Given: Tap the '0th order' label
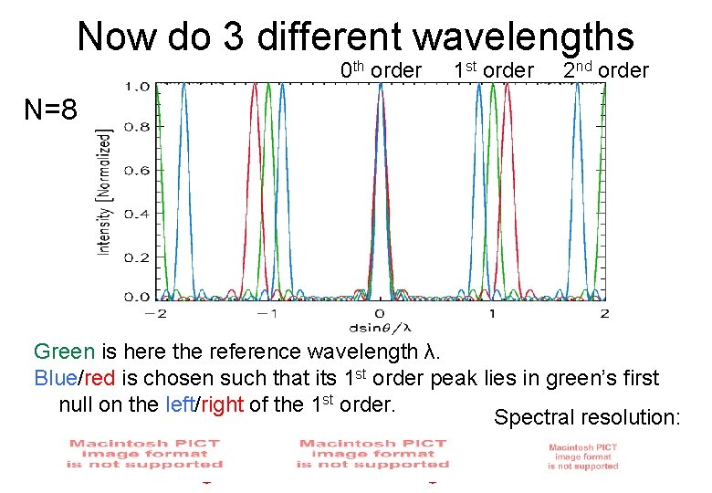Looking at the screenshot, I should click(381, 70).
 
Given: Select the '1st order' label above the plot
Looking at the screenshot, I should click(493, 70).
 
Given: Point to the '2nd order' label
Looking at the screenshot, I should click(605, 70).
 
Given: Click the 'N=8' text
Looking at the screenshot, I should click(51, 110).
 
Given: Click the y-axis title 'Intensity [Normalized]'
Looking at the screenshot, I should click(105, 192).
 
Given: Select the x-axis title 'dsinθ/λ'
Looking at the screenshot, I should click(381, 326).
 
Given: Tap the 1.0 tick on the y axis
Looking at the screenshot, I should click(137, 86).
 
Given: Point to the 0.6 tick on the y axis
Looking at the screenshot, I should click(137, 171).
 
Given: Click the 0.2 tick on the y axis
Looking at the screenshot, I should click(137, 257).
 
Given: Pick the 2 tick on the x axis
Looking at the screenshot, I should click(603, 312).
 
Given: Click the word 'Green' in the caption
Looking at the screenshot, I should click(63, 351).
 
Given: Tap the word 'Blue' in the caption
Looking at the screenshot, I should click(54, 378).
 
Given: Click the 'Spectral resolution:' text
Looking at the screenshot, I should click(587, 418).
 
